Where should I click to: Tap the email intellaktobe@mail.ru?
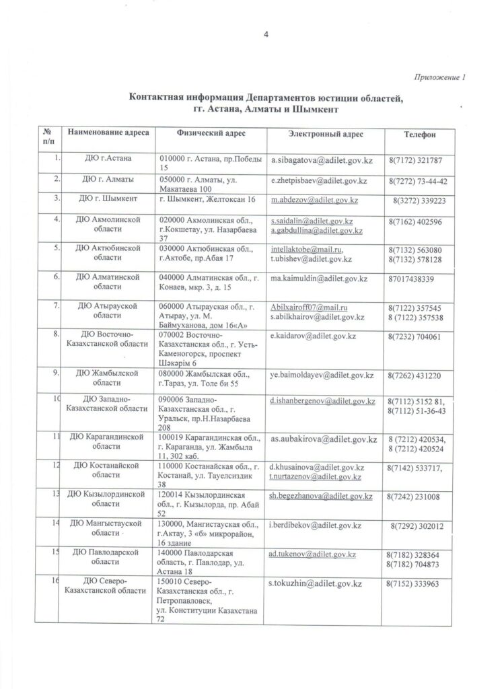[306, 249]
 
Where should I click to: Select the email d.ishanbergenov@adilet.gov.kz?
[322, 401]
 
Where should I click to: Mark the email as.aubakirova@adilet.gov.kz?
[322, 438]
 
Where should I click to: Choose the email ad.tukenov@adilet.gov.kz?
[312, 554]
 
